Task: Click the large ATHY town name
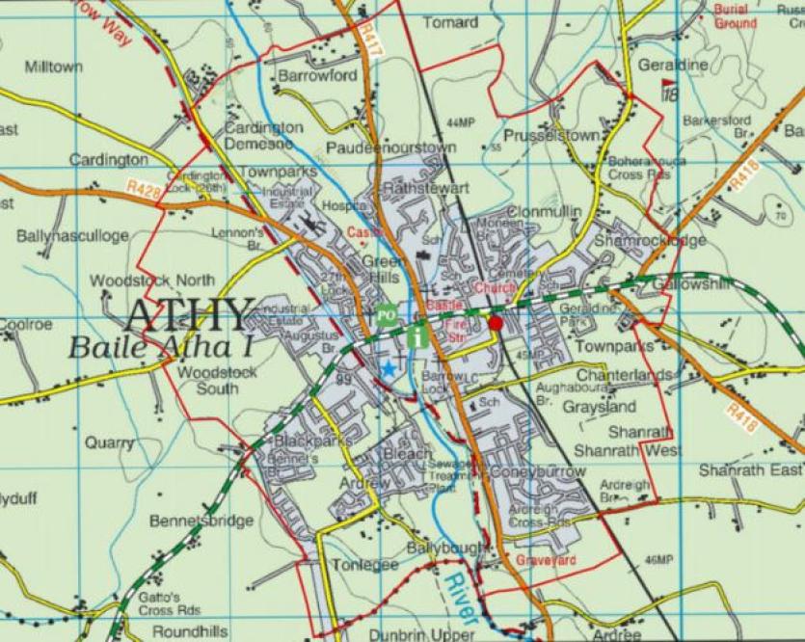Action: pos(190,315)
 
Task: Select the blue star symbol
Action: pos(389,368)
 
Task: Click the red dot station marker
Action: pos(496,323)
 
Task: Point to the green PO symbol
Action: pos(386,314)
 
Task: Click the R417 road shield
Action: pos(367,41)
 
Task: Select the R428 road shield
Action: pos(143,181)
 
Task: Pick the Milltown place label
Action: pos(53,67)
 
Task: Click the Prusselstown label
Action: pos(550,136)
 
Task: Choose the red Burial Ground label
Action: pos(736,15)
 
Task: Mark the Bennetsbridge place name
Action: pos(201,521)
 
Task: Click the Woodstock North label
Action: pos(140,281)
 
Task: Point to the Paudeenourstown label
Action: pos(390,147)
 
